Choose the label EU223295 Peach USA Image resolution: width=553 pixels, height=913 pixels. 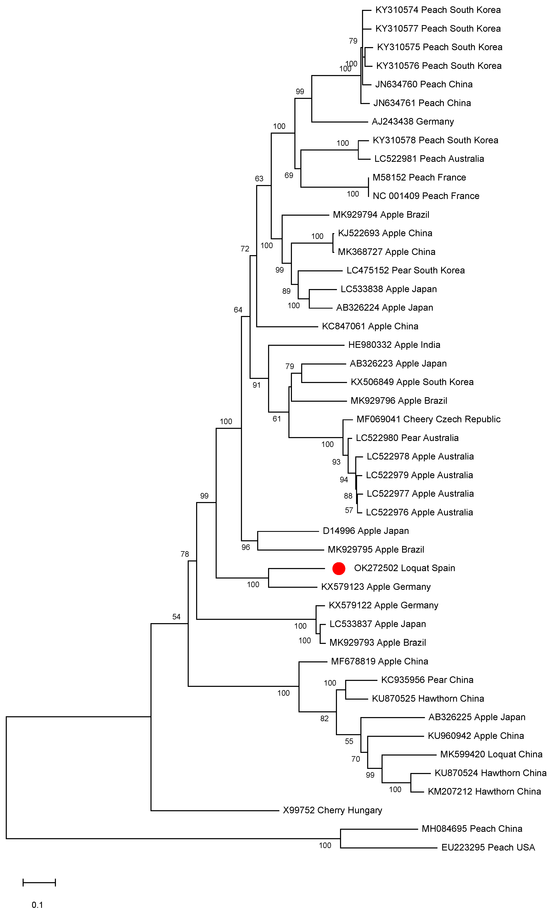coord(488,847)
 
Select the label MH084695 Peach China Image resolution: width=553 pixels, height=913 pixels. coord(472,829)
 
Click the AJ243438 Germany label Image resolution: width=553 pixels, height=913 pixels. coord(413,122)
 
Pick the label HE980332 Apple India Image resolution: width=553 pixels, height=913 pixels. coord(394,345)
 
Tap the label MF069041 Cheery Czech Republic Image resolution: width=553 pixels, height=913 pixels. coord(428,419)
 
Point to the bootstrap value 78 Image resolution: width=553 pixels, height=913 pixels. coord(185,554)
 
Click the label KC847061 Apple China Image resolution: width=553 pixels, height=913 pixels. coord(370,326)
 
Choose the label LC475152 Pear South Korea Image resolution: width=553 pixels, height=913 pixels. coord(405,271)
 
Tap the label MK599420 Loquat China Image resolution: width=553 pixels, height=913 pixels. coord(491,754)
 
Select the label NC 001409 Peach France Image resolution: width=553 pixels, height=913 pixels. coord(426,196)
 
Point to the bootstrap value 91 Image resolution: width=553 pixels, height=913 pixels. coord(257,385)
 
